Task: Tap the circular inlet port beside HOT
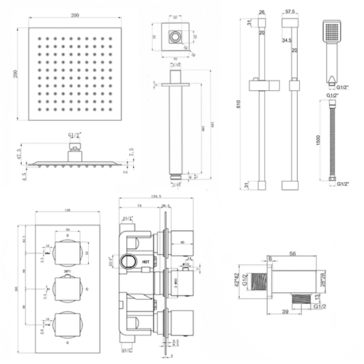point(126,261)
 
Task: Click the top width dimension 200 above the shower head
point(63,12)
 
